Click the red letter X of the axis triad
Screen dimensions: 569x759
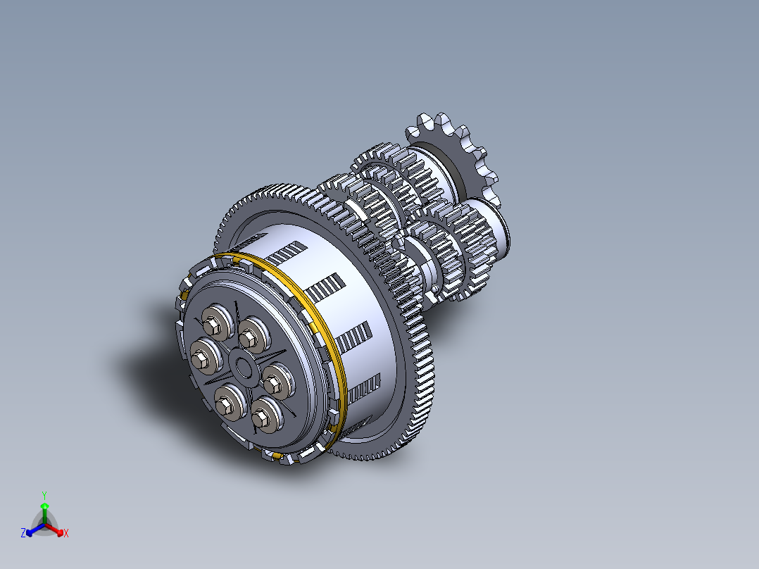click(65, 534)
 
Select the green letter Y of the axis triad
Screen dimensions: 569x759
click(44, 495)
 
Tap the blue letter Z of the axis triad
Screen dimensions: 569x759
click(23, 534)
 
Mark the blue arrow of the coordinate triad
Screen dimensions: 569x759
click(32, 531)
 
